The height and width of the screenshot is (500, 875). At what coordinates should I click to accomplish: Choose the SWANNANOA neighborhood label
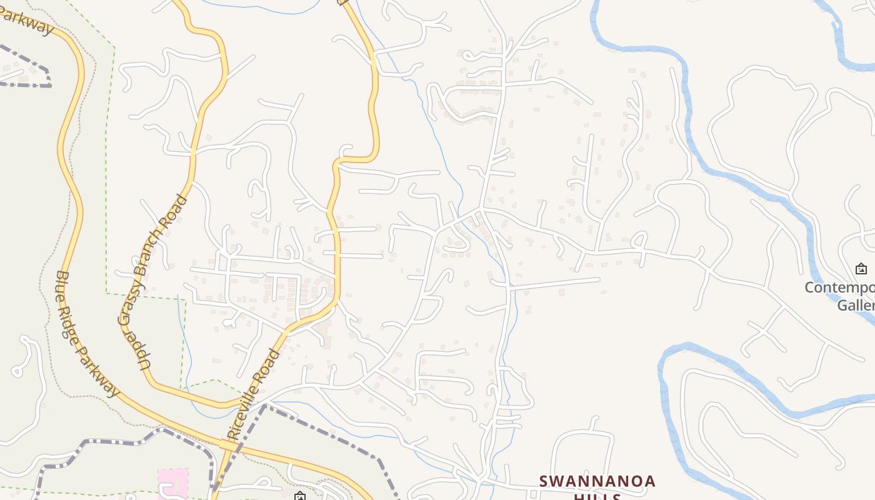(597, 481)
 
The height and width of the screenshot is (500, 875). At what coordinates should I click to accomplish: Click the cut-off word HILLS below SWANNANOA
(597, 496)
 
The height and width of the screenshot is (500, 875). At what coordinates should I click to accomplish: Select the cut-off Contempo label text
(839, 288)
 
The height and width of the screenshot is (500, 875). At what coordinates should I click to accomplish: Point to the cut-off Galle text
(856, 305)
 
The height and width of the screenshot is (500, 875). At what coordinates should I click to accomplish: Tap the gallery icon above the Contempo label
(861, 269)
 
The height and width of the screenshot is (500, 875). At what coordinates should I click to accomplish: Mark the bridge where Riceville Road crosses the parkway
(229, 446)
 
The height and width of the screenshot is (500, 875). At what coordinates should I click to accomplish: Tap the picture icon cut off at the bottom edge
(300, 496)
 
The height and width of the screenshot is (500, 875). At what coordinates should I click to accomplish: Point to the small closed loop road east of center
(639, 240)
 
